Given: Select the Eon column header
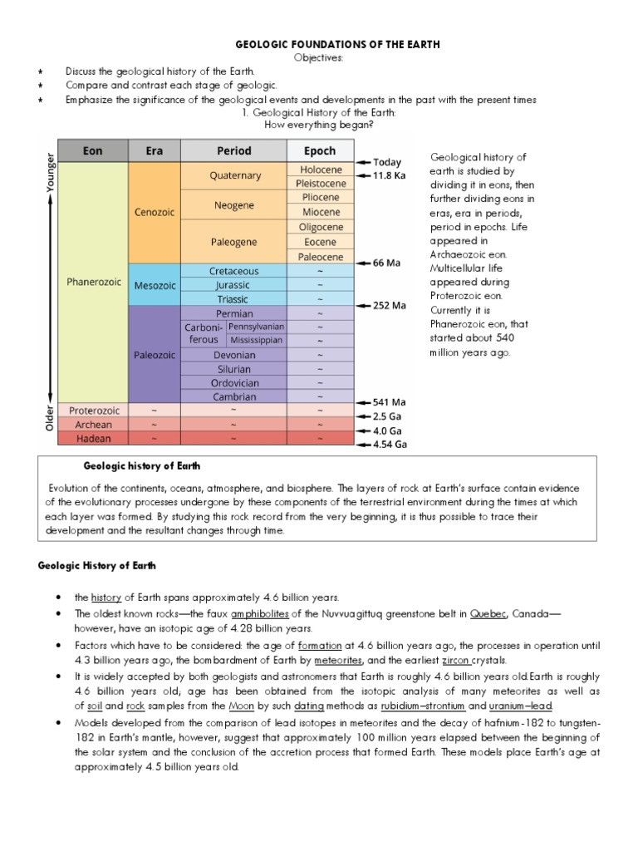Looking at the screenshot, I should [92, 150].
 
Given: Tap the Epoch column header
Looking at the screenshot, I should [319, 150].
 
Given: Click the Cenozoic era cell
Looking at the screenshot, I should [155, 212].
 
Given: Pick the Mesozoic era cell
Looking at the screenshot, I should [155, 284].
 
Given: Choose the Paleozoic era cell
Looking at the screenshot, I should [155, 354].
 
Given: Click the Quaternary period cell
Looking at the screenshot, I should [234, 175].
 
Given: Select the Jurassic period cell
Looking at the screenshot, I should [234, 284].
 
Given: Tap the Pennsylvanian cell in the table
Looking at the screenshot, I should [256, 327].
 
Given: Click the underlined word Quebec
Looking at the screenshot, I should [487, 613].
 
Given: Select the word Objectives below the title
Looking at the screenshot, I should [319, 57].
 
